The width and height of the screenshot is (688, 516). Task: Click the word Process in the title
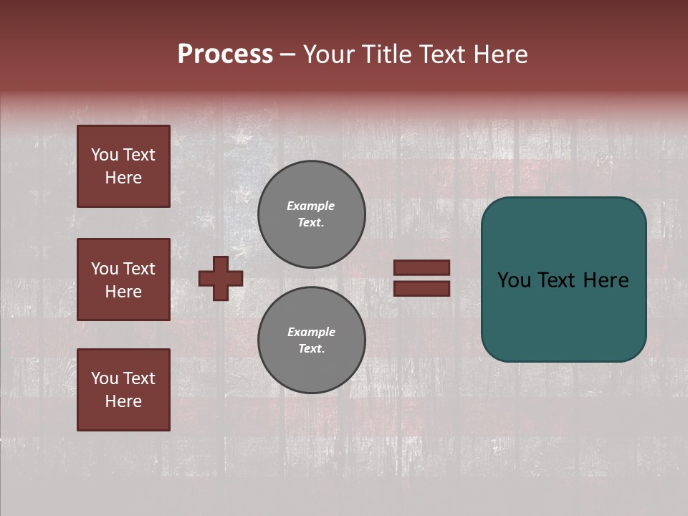click(x=225, y=54)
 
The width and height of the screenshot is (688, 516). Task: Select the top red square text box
click(x=123, y=166)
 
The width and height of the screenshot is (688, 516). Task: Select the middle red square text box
click(x=123, y=279)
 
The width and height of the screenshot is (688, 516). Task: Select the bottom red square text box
click(x=123, y=390)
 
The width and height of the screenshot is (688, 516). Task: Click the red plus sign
click(x=221, y=278)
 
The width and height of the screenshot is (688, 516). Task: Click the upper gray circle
click(x=312, y=214)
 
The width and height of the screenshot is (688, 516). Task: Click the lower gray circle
click(x=312, y=340)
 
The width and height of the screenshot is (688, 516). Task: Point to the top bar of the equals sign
click(x=422, y=267)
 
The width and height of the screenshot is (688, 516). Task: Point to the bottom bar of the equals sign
click(x=422, y=288)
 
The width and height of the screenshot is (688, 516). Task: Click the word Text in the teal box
click(x=563, y=280)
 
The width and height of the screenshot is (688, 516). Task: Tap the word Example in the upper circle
click(x=311, y=206)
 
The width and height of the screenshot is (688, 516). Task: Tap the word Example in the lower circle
click(x=311, y=332)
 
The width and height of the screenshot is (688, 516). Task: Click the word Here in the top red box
click(x=123, y=178)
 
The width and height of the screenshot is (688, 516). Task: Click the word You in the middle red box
click(x=105, y=269)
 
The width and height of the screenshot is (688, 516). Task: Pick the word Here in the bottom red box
click(x=123, y=401)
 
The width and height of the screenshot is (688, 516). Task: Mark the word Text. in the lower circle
click(x=312, y=349)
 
